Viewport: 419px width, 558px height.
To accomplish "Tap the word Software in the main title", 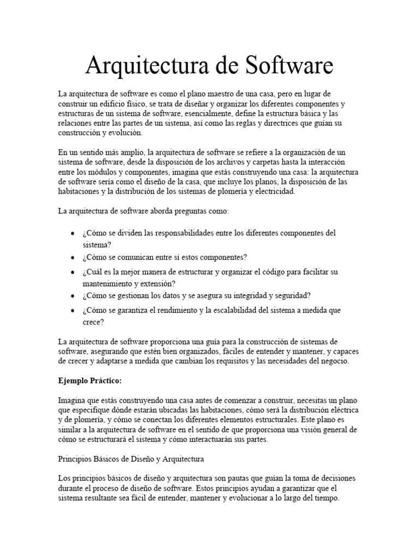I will click(287, 66).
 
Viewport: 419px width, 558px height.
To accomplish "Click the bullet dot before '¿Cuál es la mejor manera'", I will click(73, 272).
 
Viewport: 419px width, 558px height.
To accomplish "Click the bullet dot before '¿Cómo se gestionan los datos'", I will click(73, 296).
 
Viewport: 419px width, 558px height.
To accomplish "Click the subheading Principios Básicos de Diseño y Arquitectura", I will click(131, 459).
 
